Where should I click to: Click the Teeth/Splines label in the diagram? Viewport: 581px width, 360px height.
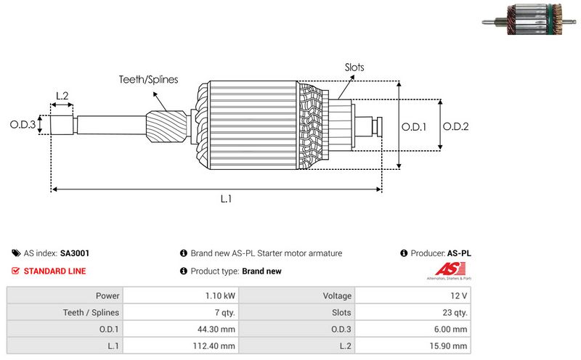click(148, 79)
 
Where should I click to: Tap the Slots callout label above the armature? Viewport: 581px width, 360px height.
click(354, 67)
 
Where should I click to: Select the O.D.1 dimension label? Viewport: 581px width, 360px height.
click(414, 126)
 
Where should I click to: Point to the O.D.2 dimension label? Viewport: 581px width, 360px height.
click(455, 126)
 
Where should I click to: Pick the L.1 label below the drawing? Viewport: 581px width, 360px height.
click(226, 198)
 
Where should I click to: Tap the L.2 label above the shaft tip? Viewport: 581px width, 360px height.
click(62, 96)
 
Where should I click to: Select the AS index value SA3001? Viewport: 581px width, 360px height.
click(75, 253)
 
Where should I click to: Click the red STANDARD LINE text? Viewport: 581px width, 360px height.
click(54, 271)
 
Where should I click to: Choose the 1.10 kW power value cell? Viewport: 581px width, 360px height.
click(219, 295)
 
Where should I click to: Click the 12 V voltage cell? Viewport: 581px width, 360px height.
click(459, 295)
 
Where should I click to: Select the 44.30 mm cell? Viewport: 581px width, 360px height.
click(216, 330)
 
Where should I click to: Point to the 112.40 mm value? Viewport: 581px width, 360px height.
click(214, 346)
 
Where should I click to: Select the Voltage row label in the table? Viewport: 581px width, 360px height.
click(337, 295)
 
